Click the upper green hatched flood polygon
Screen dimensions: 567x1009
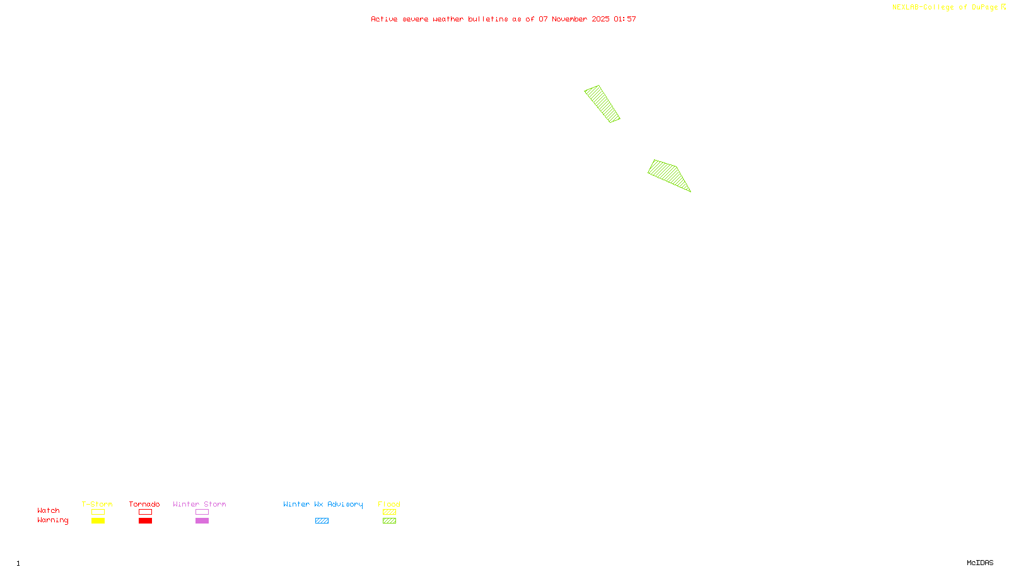pyautogui.click(x=602, y=104)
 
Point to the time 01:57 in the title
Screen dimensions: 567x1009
pyautogui.click(x=625, y=19)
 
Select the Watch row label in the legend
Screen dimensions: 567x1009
pyautogui.click(x=49, y=510)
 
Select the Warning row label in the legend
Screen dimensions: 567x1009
pyautogui.click(x=53, y=520)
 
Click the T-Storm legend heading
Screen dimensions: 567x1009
pyautogui.click(x=97, y=504)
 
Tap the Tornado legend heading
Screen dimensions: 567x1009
pyautogui.click(x=144, y=504)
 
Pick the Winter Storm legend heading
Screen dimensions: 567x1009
pyautogui.click(x=199, y=504)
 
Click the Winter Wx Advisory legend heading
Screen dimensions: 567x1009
pyautogui.click(x=323, y=504)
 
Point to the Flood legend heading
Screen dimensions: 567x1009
pyautogui.click(x=389, y=504)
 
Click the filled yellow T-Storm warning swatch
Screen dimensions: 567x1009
pyautogui.click(x=98, y=521)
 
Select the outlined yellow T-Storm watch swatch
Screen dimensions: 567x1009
pyautogui.click(x=98, y=512)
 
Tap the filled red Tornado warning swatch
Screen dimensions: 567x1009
pyautogui.click(x=145, y=521)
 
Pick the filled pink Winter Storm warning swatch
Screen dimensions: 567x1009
pyautogui.click(x=202, y=521)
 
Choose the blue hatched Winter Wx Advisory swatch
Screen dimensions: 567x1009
pyautogui.click(x=322, y=521)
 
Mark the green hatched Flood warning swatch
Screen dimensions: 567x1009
pyautogui.click(x=389, y=521)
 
